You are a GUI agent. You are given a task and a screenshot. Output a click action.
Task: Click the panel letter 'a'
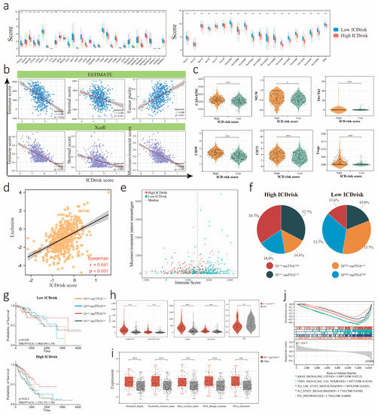coord(5,6)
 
